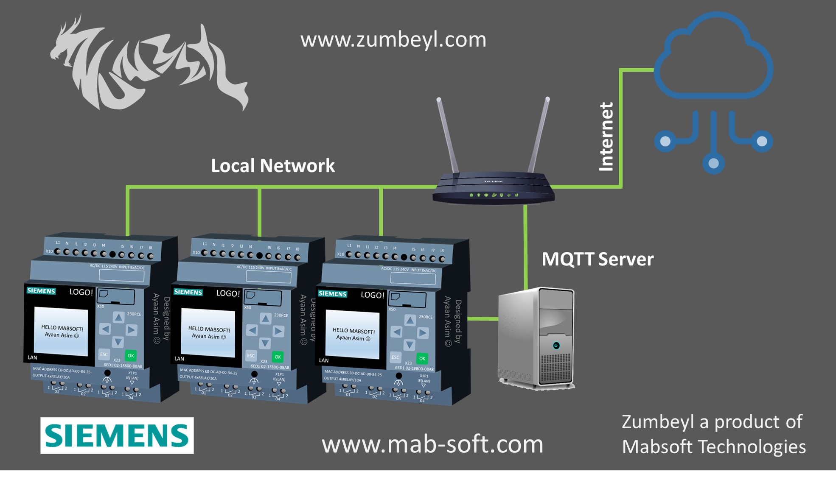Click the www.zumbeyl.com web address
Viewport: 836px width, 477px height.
tap(393, 39)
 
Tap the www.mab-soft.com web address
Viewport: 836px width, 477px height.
tap(432, 444)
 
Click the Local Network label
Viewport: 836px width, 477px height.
tap(272, 165)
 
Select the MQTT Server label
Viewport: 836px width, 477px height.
tap(597, 259)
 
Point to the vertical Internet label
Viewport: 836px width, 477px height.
tap(606, 137)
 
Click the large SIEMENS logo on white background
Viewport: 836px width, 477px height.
tap(117, 435)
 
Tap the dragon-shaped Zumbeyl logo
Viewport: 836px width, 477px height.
tap(149, 64)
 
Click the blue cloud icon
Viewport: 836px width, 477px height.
tap(714, 59)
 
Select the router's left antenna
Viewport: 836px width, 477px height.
tap(448, 136)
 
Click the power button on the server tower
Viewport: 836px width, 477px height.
tap(556, 346)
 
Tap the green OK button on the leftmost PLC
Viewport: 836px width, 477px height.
tap(131, 356)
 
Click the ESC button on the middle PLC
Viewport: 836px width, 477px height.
tap(251, 356)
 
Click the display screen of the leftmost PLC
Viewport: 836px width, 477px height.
tap(61, 332)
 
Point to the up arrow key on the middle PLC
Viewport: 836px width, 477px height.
tap(265, 318)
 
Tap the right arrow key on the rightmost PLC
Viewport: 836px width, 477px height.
tap(423, 333)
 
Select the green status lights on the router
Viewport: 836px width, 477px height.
tap(494, 195)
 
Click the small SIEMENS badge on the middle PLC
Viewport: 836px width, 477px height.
tap(188, 292)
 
